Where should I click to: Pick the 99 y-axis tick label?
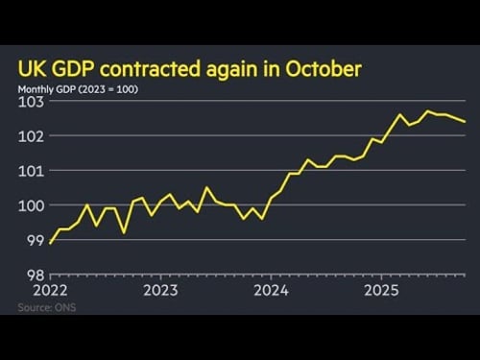click(x=34, y=240)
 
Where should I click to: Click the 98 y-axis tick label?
click(x=34, y=275)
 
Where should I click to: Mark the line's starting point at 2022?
click(x=50, y=243)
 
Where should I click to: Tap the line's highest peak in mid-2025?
click(x=428, y=111)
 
